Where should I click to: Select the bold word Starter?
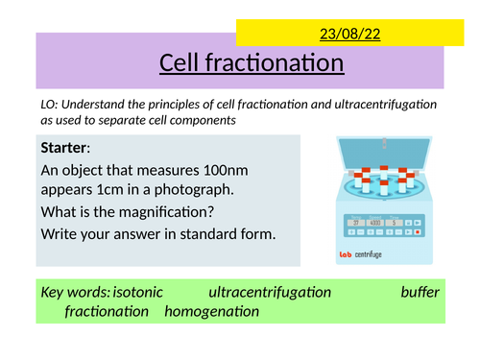(x=64, y=148)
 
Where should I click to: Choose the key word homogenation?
(x=211, y=312)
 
